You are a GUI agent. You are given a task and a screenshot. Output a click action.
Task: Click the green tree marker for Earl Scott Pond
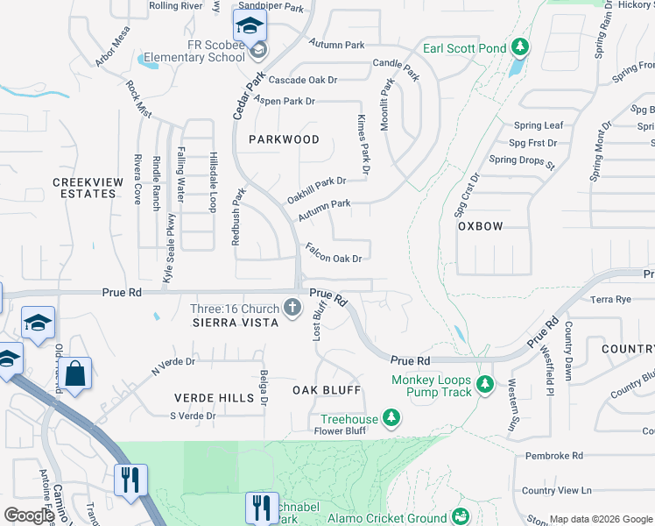click(520, 46)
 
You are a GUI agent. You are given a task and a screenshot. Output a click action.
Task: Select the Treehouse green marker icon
click(391, 420)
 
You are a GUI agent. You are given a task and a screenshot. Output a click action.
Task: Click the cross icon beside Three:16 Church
click(292, 308)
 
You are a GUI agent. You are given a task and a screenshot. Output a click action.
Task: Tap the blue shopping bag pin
click(77, 374)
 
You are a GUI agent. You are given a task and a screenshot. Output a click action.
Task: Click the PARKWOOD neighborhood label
click(283, 139)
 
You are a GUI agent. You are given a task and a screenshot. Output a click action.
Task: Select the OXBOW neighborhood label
click(481, 226)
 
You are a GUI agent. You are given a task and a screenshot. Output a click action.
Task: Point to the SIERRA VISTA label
click(236, 323)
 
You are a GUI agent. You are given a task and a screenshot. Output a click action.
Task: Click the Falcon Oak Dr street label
click(333, 252)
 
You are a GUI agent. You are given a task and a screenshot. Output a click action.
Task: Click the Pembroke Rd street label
click(554, 456)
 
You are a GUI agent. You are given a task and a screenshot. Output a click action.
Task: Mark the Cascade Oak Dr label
click(302, 80)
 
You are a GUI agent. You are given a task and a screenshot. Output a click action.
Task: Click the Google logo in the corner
click(29, 515)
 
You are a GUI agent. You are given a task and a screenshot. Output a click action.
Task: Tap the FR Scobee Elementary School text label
click(190, 51)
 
